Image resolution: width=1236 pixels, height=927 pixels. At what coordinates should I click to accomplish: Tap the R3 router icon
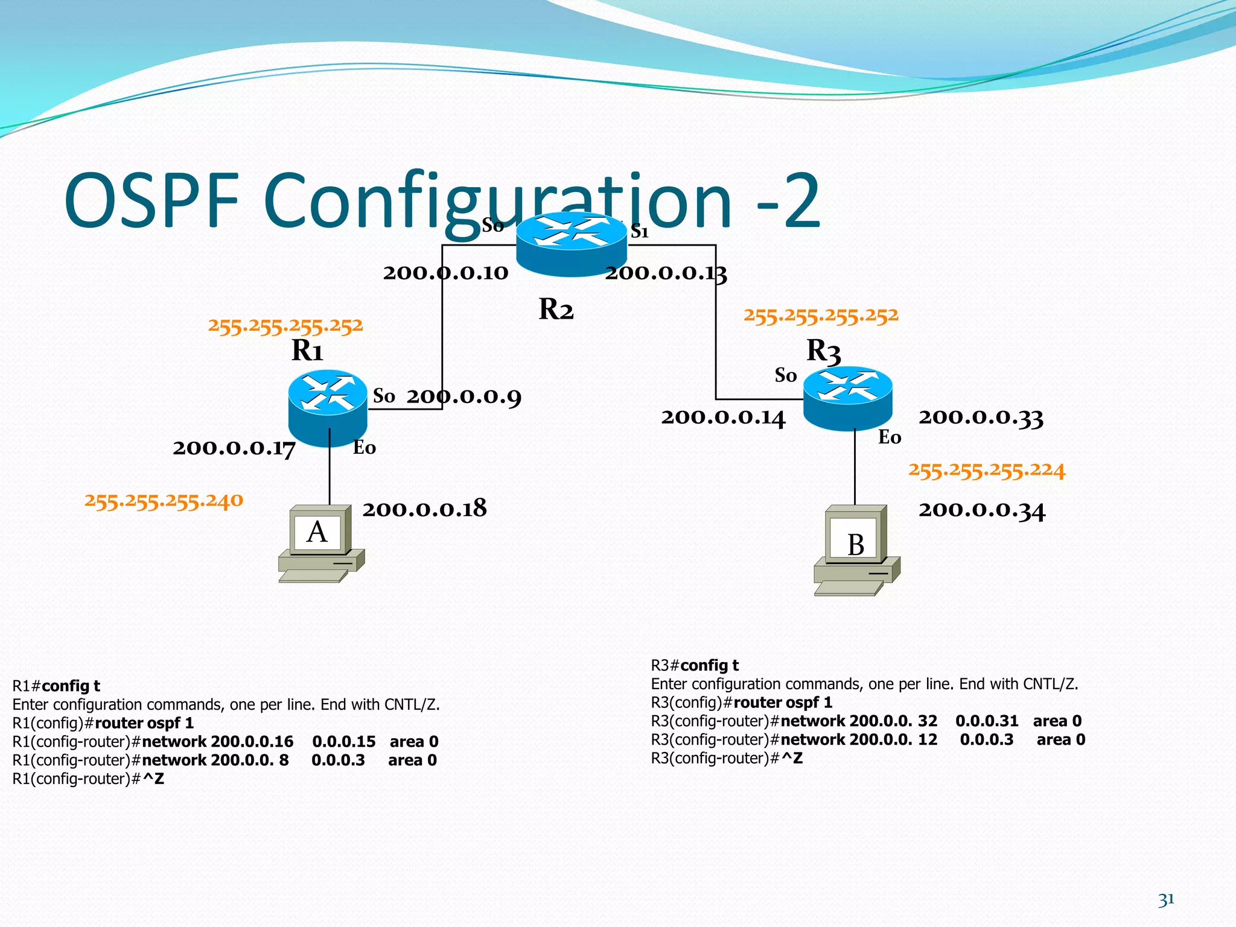(x=847, y=398)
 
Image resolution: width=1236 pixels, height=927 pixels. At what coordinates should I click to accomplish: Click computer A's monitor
(x=318, y=531)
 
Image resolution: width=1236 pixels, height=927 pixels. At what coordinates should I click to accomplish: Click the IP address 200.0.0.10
(x=445, y=273)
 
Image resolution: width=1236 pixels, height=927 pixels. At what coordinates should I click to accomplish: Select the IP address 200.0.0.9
(x=463, y=397)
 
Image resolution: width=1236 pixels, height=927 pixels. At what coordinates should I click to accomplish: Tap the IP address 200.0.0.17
(x=234, y=448)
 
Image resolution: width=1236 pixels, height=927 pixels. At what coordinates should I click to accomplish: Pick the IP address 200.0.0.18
(x=424, y=509)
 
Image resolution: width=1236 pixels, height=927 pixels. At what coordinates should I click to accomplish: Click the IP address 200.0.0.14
(x=723, y=418)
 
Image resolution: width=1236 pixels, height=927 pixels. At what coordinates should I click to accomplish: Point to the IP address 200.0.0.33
(x=981, y=417)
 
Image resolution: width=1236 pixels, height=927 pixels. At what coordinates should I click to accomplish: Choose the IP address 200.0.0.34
(x=982, y=510)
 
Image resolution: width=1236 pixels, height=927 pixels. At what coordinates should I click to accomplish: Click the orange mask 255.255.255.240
(x=164, y=500)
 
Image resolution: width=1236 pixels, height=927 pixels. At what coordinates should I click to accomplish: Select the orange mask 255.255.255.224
(x=987, y=470)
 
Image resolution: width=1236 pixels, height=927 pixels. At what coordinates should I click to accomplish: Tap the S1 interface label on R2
(x=640, y=231)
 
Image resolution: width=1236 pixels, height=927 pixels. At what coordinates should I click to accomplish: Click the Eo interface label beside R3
(x=890, y=437)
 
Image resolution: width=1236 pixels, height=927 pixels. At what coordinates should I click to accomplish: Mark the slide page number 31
(x=1166, y=900)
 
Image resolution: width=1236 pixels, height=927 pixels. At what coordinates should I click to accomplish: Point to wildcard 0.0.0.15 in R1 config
(x=343, y=741)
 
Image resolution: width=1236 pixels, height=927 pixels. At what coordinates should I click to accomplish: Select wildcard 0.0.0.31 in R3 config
(x=987, y=721)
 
